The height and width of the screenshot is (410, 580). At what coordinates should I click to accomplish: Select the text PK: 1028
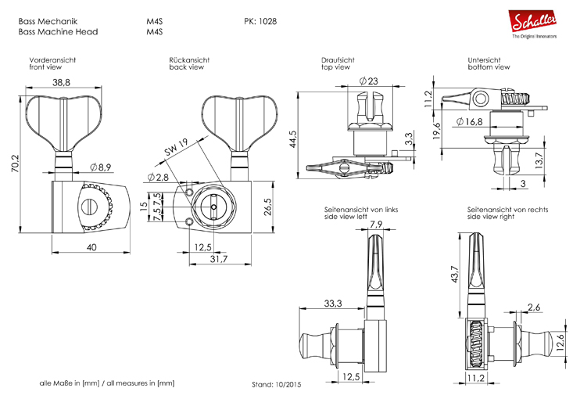[x=260, y=21]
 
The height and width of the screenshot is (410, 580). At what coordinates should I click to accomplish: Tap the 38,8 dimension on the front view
[x=62, y=82]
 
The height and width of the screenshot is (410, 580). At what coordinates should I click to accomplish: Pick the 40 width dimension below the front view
[x=91, y=247]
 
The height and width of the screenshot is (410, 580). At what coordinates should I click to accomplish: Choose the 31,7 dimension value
[x=218, y=260]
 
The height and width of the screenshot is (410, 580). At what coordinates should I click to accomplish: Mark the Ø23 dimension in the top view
[x=368, y=81]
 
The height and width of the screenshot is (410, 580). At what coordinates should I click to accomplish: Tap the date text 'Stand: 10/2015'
[x=276, y=386]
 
